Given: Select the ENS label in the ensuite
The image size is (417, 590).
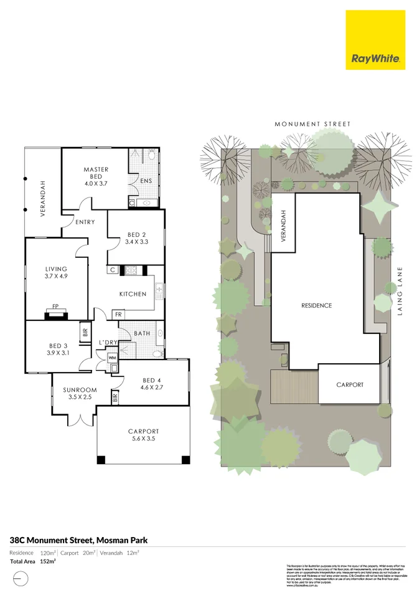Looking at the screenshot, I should [146, 181].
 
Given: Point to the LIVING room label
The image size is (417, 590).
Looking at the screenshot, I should [56, 269].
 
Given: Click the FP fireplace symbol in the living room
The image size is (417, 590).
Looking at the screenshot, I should [55, 307].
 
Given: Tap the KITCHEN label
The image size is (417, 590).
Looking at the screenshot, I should [133, 294].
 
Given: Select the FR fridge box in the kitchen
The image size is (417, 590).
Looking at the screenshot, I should [118, 314].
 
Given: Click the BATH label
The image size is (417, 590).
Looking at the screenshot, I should [142, 333].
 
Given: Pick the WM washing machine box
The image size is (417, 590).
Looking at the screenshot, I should [112, 358].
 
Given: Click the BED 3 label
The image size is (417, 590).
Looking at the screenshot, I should [58, 346].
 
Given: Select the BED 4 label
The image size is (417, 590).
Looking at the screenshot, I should [152, 381].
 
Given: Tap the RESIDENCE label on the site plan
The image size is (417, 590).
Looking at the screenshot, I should [316, 305].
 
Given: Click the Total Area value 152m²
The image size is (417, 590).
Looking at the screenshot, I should [48, 561].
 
